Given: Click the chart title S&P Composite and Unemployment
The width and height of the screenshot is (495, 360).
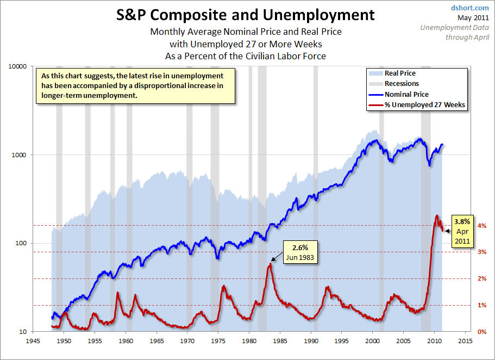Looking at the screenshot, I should (246, 15).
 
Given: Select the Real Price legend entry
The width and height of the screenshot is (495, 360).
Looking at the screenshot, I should (400, 73).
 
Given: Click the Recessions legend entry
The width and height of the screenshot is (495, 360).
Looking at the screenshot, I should (402, 84).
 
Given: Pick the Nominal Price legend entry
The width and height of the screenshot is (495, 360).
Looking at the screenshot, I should (406, 94).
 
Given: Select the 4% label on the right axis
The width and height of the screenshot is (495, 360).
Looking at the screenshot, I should (482, 226).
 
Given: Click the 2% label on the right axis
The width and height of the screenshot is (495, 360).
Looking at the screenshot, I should (482, 279).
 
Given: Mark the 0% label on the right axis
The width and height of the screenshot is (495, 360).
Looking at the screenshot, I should (482, 332).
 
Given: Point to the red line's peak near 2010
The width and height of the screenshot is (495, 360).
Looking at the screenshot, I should (437, 215).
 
